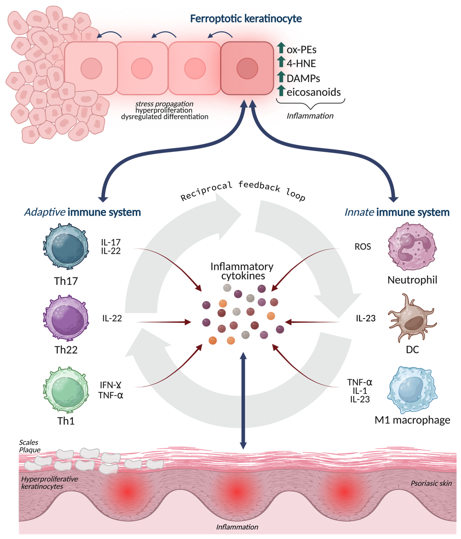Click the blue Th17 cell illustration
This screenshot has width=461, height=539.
pos(66,247)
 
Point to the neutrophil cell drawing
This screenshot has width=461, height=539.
pos(412,247)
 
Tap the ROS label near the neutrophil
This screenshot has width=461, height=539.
pos(363,247)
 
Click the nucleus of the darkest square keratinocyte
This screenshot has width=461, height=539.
pos(247,68)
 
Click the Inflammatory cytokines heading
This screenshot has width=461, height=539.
pos(242,271)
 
